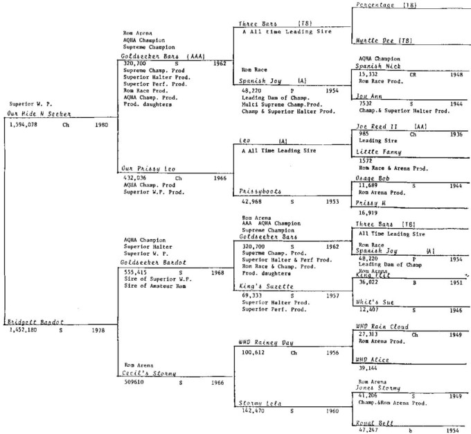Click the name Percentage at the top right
point(378,5)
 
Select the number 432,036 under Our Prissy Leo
point(135,178)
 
